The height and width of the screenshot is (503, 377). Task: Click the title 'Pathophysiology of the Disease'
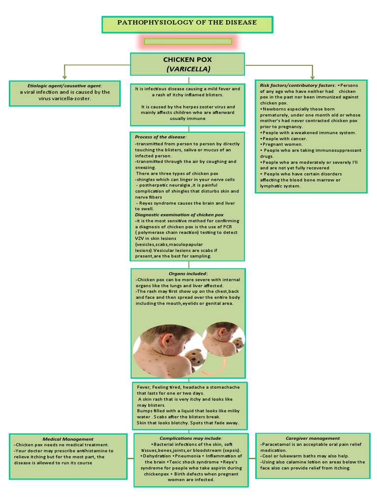click(x=187, y=23)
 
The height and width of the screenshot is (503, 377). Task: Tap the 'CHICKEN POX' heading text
click(x=188, y=59)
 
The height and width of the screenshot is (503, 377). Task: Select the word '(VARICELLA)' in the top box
click(x=188, y=68)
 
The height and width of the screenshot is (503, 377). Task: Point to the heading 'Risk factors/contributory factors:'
click(x=298, y=85)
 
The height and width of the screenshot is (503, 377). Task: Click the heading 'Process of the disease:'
click(x=161, y=137)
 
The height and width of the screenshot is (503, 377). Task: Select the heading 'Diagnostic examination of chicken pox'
click(x=179, y=215)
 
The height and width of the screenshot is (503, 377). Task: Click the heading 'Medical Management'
click(x=68, y=439)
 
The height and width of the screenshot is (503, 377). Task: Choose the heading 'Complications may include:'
click(x=190, y=438)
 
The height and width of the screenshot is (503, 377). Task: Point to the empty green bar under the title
click(x=188, y=42)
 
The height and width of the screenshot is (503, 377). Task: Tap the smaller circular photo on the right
click(x=223, y=339)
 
